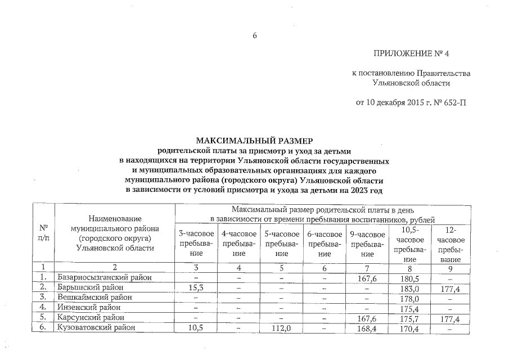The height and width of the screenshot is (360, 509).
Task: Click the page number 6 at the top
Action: pos(254,35)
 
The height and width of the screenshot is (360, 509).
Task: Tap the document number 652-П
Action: pos(454,102)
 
